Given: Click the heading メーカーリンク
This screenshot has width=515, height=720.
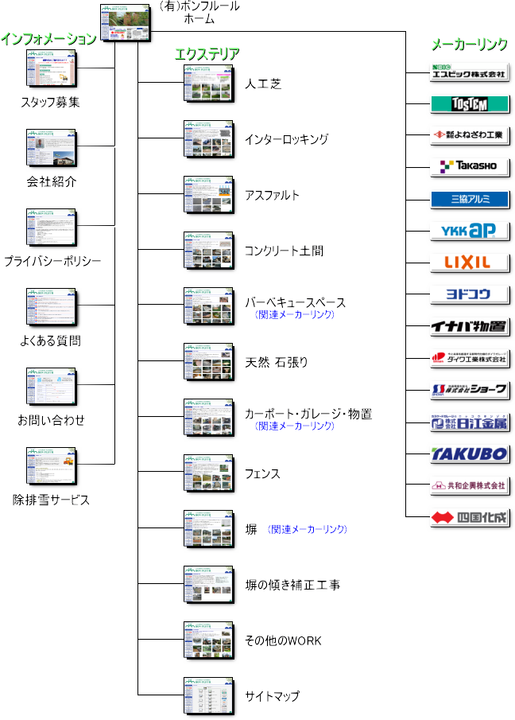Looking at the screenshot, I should pyautogui.click(x=468, y=45).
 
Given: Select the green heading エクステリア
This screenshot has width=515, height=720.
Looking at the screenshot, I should pyautogui.click(x=207, y=53).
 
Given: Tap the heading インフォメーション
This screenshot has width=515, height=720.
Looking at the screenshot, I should pyautogui.click(x=48, y=39).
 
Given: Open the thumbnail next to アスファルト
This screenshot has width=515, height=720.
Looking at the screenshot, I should pyautogui.click(x=207, y=195).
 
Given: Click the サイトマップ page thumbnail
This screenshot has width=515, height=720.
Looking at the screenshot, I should pyautogui.click(x=207, y=696).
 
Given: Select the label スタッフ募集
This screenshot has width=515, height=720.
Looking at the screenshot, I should pyautogui.click(x=50, y=102).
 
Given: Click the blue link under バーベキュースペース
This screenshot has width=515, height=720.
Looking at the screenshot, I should pyautogui.click(x=295, y=315).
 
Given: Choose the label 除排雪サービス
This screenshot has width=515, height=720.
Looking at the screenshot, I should pyautogui.click(x=51, y=500).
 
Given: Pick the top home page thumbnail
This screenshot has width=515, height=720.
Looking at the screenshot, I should pyautogui.click(x=125, y=22).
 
